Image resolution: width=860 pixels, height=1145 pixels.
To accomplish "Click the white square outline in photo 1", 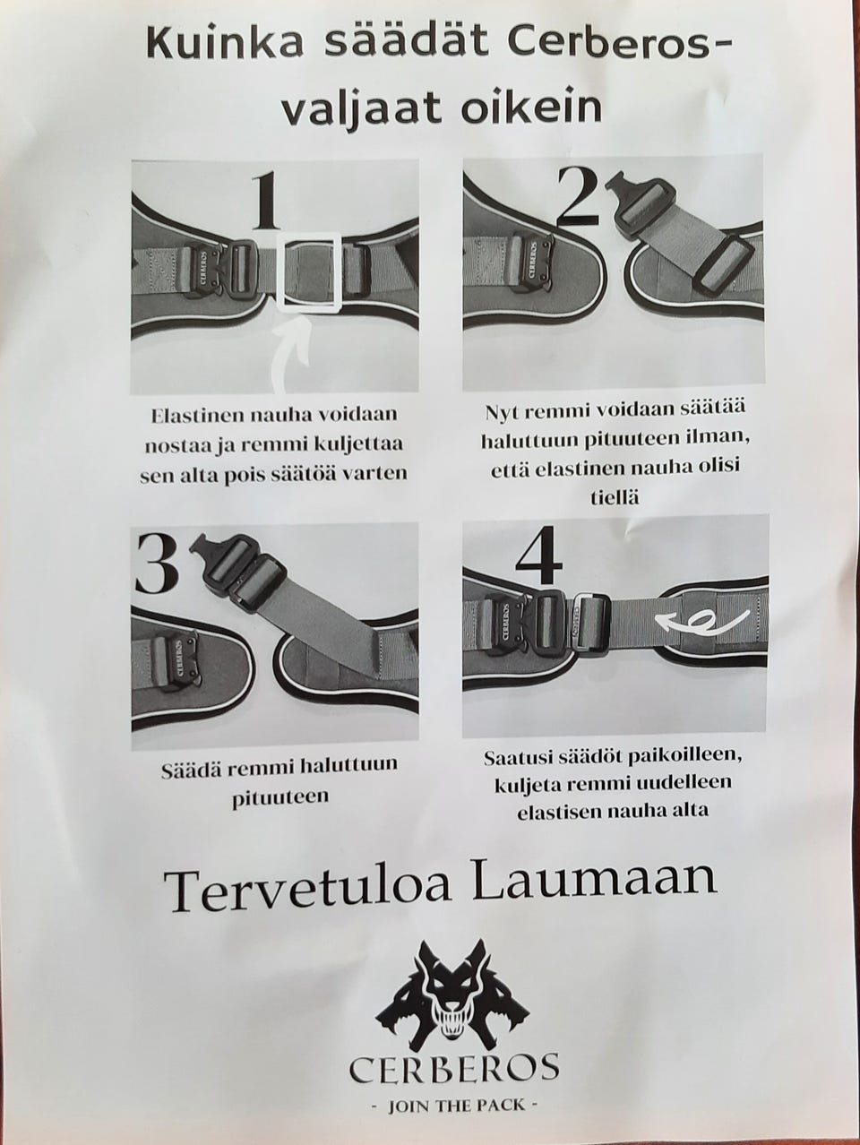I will click(309, 273).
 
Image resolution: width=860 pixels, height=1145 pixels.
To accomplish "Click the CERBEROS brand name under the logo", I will click(453, 1069).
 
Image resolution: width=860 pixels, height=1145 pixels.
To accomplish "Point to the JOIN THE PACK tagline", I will click(454, 1106).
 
